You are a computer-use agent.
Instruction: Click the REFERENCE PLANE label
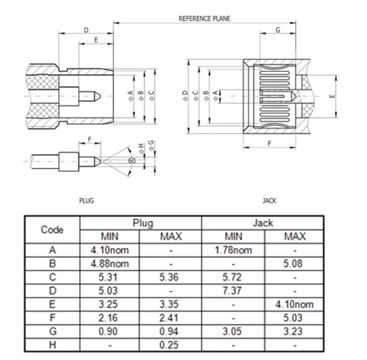pos(204,19)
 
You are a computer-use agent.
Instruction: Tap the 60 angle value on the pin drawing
pos(131,161)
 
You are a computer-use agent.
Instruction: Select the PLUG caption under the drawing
pos(87,201)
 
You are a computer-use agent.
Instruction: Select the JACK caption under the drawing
pos(269,201)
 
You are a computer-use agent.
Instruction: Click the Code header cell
pos(52,230)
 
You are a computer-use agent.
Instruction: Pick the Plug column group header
pos(143,223)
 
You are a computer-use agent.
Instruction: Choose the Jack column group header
pos(263,223)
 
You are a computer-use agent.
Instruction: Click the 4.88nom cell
pos(109,263)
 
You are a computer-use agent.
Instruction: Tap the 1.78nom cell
pos(234,250)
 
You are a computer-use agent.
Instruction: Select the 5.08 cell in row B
pos(293,263)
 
